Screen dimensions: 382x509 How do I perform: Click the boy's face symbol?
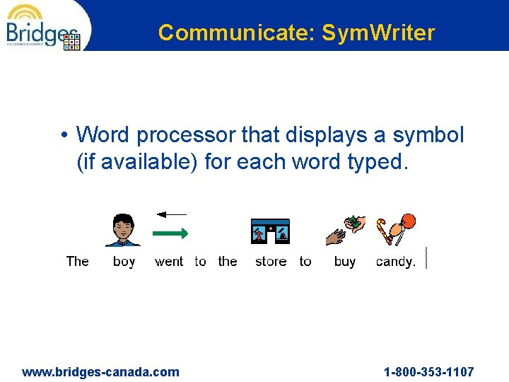click(123, 228)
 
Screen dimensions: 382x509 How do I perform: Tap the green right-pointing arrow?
click(170, 232)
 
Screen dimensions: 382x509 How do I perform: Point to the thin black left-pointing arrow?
click(171, 214)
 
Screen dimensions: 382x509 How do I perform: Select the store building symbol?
click(270, 231)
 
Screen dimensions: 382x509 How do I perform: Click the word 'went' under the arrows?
click(169, 262)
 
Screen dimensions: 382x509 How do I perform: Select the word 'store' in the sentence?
click(271, 262)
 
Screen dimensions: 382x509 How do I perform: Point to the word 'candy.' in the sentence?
click(396, 262)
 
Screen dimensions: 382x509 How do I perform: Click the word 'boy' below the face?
click(124, 262)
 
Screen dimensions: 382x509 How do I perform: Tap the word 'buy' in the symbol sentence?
click(345, 262)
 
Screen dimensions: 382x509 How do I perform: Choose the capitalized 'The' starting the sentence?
click(77, 262)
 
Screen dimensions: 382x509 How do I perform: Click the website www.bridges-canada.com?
click(101, 372)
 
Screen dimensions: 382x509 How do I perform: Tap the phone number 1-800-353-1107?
click(429, 372)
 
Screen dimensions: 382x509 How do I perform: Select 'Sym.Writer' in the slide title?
click(378, 33)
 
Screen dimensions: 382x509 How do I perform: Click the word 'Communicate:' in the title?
click(237, 33)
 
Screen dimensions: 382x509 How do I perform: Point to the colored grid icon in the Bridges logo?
click(73, 42)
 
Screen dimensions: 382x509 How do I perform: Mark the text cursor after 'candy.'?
click(426, 257)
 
